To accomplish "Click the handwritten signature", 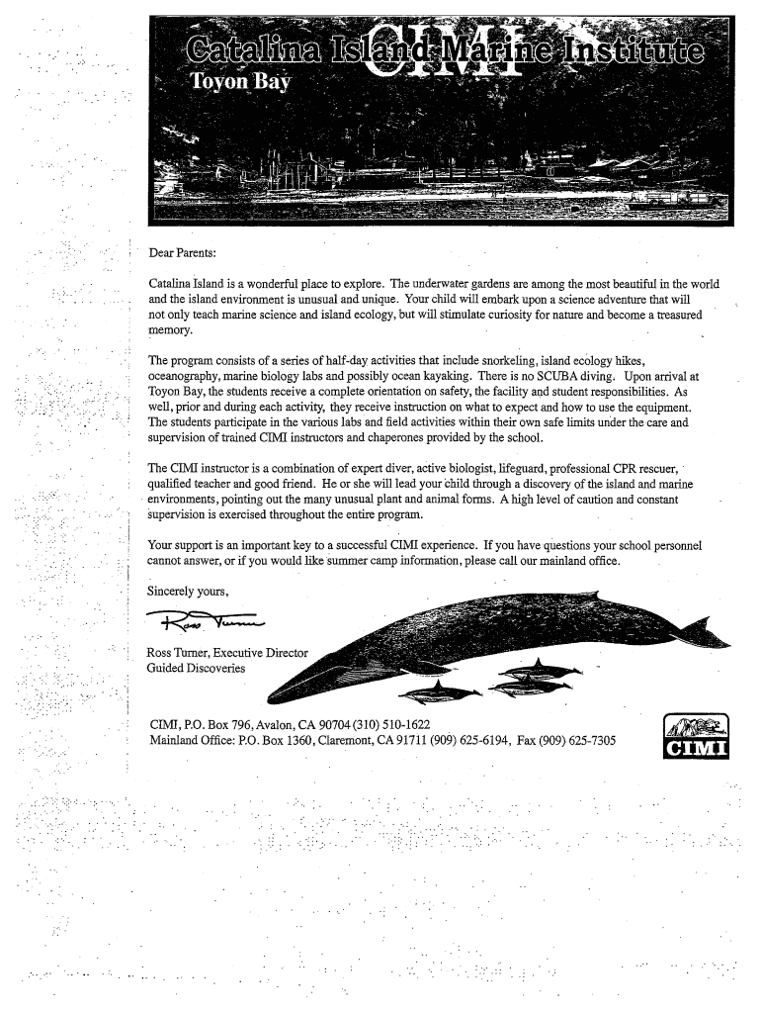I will (x=205, y=621).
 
